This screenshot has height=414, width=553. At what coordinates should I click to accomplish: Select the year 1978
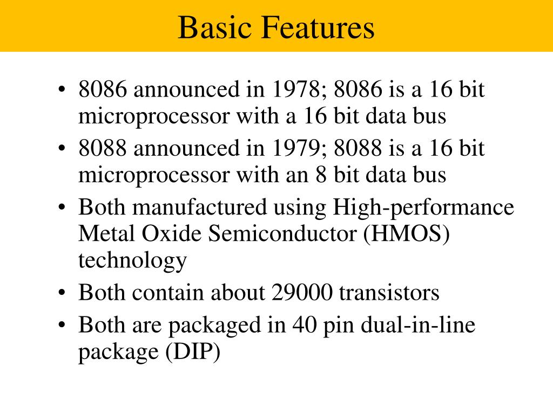(295, 89)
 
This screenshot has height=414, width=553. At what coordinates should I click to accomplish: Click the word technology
(132, 261)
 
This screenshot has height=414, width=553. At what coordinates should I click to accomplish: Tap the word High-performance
(423, 207)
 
